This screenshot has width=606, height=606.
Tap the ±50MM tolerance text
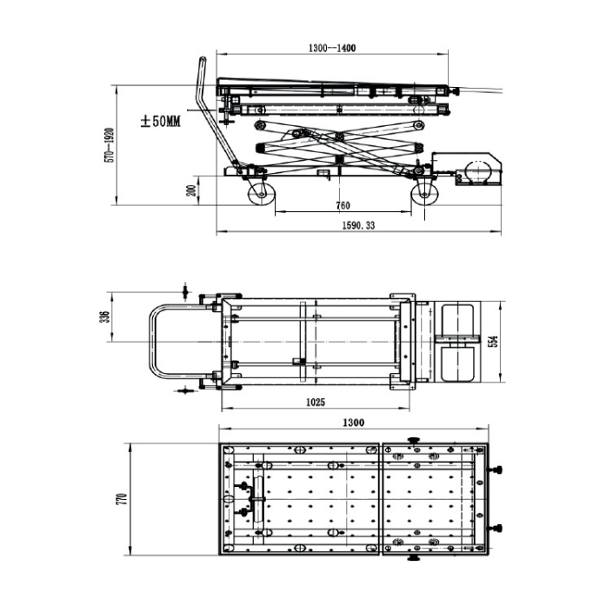[160, 123]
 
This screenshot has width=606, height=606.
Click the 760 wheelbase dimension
[342, 206]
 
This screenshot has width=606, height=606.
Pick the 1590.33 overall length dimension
[359, 224]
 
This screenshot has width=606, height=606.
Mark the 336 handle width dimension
[105, 318]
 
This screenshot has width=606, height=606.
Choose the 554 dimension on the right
[493, 343]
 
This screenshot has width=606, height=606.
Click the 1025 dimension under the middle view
[315, 402]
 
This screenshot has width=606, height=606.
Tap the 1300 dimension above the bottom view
[352, 423]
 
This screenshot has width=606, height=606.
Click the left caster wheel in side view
[259, 192]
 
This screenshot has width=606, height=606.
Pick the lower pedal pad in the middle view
[457, 363]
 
